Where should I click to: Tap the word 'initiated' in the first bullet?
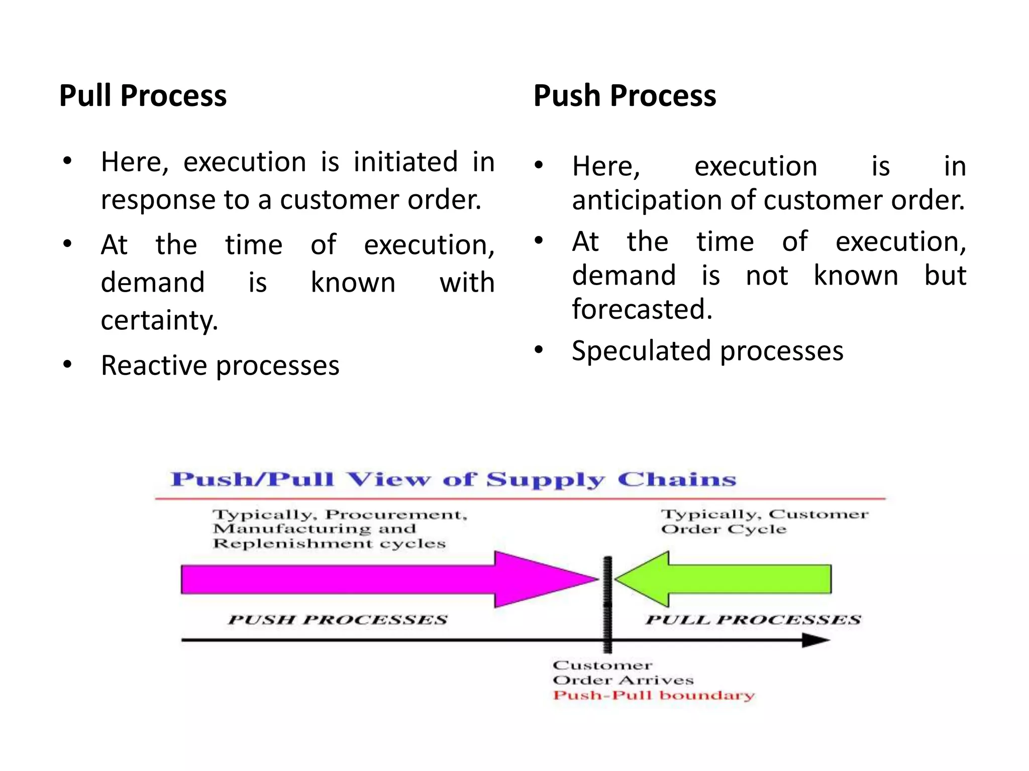[405, 162]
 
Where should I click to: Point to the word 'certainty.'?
[159, 320]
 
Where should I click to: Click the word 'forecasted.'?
[642, 309]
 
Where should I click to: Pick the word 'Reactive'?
[154, 365]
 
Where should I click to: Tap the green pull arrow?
[729, 579]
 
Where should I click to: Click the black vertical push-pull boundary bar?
[607, 602]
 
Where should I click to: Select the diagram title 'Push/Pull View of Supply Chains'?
[453, 480]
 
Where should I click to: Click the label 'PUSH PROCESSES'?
[337, 620]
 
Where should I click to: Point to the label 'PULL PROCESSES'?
[753, 620]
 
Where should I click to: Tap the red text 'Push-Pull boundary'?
[653, 696]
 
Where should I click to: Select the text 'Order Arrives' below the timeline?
[623, 681]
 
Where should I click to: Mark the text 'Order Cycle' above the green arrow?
[724, 530]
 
